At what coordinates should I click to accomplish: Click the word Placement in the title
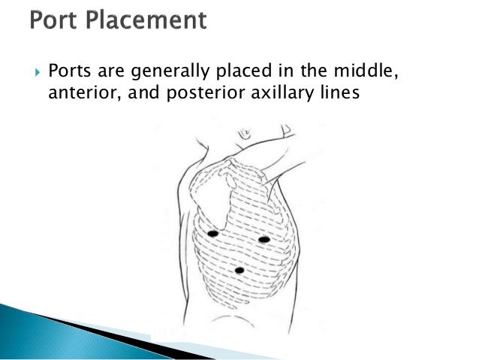pos(146,20)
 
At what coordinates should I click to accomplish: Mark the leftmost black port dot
pos(212,234)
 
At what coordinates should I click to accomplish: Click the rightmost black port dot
pos(264,239)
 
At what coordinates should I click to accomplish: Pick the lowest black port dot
pos(239,270)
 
